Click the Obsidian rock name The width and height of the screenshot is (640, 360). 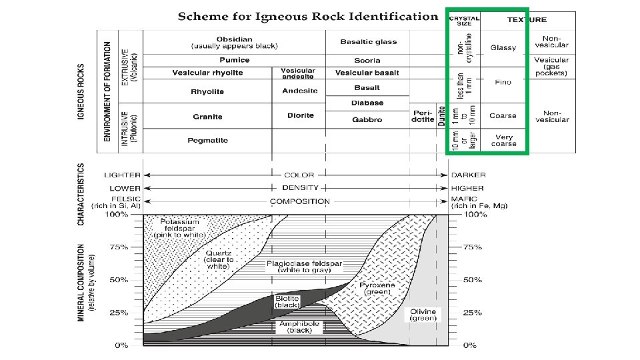point(233,38)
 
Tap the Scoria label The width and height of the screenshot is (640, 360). point(367,60)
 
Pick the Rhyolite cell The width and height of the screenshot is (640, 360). point(207,91)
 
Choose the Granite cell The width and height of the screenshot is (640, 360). point(207,116)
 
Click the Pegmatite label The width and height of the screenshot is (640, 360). point(207,140)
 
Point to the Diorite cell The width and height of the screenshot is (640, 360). point(300,115)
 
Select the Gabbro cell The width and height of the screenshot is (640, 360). point(367,119)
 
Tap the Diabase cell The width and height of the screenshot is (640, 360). point(367,103)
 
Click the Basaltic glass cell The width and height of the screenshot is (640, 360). point(368,41)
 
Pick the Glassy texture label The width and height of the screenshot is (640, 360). point(503,48)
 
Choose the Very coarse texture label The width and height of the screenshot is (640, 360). point(503,140)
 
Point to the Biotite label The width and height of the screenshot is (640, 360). point(287,301)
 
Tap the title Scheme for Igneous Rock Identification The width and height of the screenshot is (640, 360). point(308,16)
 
